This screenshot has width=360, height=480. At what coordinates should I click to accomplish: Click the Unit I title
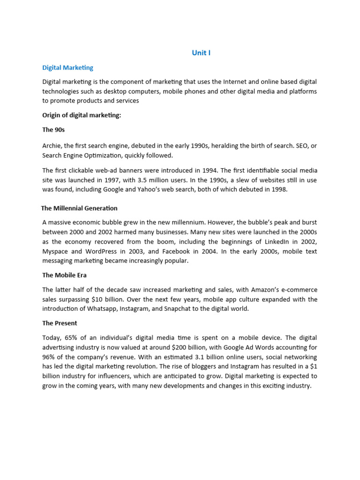(x=201, y=53)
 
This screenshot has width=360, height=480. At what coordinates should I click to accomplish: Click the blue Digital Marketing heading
(x=67, y=67)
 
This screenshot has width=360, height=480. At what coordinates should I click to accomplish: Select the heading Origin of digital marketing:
(x=82, y=115)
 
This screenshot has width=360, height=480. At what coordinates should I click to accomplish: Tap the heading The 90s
(x=53, y=130)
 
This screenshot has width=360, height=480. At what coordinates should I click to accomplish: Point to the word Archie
(x=52, y=146)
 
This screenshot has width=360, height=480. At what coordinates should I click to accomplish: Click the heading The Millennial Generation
(x=79, y=208)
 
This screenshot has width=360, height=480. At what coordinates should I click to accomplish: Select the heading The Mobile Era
(x=64, y=275)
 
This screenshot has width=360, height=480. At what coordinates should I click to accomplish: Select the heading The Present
(x=60, y=323)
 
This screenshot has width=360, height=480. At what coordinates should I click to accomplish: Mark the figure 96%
(x=49, y=357)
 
